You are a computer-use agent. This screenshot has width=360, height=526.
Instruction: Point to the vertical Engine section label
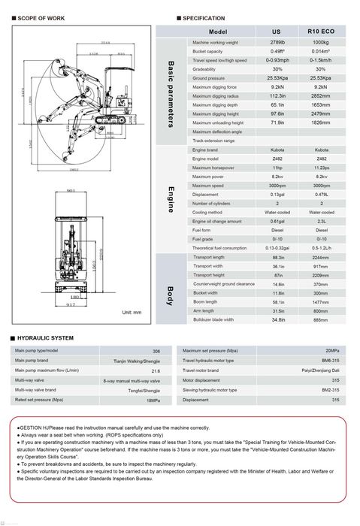tap(171, 200)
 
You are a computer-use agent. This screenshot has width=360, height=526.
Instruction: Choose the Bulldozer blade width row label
tap(213, 319)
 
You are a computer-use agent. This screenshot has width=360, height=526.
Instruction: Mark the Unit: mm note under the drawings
tap(132, 312)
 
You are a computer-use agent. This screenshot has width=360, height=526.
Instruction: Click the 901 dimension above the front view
tap(71, 192)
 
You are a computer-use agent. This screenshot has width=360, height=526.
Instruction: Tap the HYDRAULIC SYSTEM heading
tap(44, 338)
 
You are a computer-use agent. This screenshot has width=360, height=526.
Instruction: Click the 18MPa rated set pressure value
tap(153, 400)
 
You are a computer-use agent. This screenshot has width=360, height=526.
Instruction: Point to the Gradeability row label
tap(205, 69)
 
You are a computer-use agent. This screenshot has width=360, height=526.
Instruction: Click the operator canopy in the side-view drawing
tap(113, 83)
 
